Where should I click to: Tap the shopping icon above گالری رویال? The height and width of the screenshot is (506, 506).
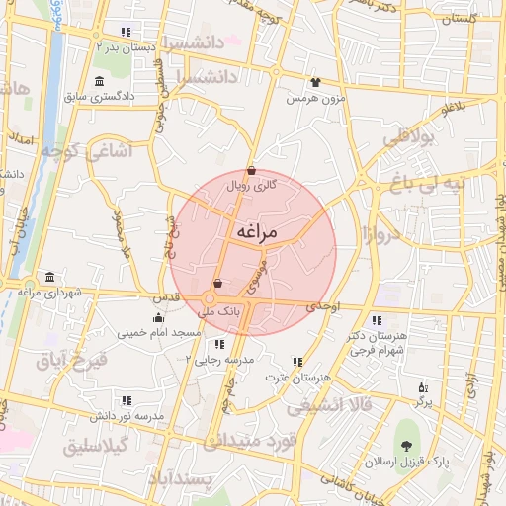(x=251, y=169)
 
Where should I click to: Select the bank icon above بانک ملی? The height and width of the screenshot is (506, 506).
(x=217, y=284)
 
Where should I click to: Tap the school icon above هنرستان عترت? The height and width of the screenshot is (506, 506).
(x=297, y=362)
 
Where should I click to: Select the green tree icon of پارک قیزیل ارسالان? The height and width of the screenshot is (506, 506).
(x=407, y=442)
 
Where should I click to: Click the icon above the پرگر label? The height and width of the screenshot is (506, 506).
(x=424, y=387)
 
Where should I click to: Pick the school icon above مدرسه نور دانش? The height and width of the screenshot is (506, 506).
(x=126, y=400)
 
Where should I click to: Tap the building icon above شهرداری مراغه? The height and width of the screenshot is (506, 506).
(x=49, y=276)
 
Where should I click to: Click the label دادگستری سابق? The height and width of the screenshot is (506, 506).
(x=127, y=97)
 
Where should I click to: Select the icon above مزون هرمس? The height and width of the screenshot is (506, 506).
(x=315, y=83)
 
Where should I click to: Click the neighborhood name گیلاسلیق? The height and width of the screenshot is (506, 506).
(x=97, y=447)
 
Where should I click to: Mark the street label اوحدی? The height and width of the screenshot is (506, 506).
(x=322, y=307)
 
